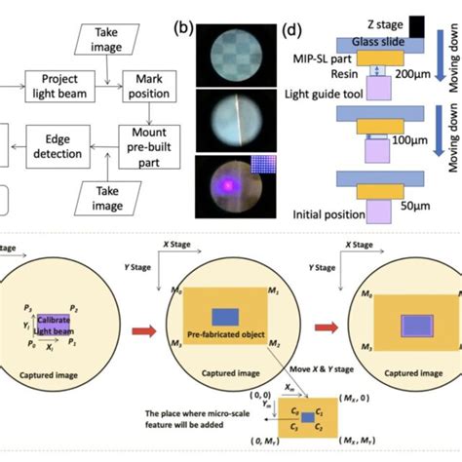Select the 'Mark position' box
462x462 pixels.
coord(143,87)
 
